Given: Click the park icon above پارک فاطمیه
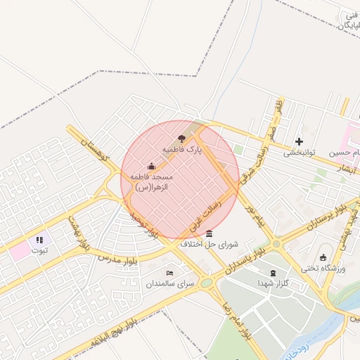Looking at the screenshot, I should coord(183,139).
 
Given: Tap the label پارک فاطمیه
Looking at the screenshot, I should coord(182,150).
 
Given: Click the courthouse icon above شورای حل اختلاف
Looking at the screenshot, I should coord(210,233).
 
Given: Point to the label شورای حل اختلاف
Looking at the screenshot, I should coord(210,245).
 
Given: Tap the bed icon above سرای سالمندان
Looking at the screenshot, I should coord(169,273).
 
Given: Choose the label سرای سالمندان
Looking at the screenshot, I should coord(169,284).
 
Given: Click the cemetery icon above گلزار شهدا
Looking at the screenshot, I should coord(274,273).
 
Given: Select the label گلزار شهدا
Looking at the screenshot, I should coord(274,284).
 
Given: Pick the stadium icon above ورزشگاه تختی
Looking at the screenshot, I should coord(323,257).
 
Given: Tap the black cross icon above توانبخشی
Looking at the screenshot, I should coord(300,141).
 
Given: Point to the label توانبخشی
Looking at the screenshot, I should coord(301,153).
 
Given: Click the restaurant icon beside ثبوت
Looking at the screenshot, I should coord(39,240).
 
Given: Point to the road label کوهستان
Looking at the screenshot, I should coord(92,150).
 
